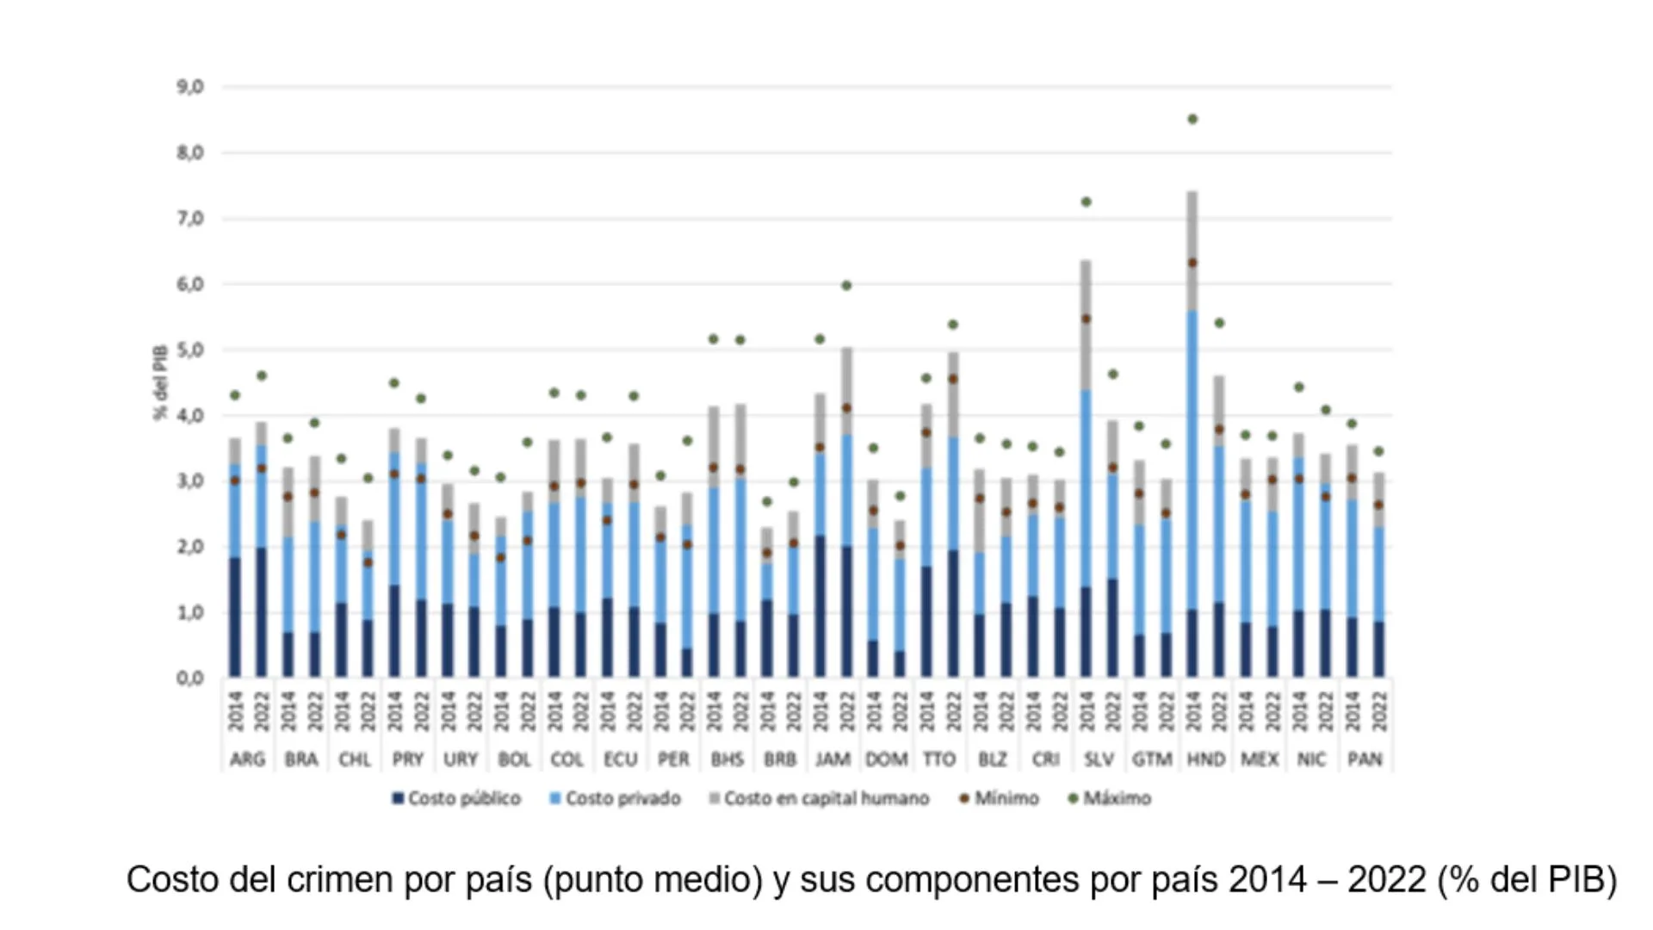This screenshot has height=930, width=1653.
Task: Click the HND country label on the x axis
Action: click(x=1205, y=759)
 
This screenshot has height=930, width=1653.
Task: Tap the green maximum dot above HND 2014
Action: click(x=1192, y=119)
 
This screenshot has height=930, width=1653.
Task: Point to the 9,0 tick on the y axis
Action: click(x=189, y=87)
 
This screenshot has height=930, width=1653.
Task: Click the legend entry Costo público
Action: click(x=456, y=798)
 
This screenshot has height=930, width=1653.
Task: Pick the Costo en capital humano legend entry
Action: click(x=819, y=798)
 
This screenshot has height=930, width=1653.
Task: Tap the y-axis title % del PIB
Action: click(x=160, y=382)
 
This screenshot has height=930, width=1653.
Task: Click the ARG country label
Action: click(x=247, y=759)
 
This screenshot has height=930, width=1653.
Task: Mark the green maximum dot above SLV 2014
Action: click(x=1086, y=201)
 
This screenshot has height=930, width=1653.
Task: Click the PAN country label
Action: click(x=1365, y=759)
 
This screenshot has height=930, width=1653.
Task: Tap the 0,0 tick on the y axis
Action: click(x=189, y=679)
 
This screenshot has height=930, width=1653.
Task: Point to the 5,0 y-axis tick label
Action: click(x=189, y=350)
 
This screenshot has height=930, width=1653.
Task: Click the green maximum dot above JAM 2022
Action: click(x=846, y=285)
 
